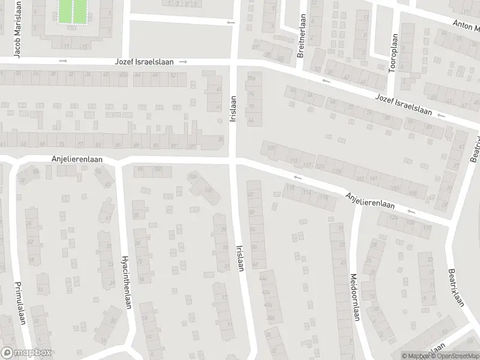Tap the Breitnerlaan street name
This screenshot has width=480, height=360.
click(301, 35)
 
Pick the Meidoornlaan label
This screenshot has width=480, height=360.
click(354, 298)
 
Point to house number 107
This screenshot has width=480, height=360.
click(271, 148)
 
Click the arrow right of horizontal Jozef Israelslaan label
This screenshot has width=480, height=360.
click(183, 62)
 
